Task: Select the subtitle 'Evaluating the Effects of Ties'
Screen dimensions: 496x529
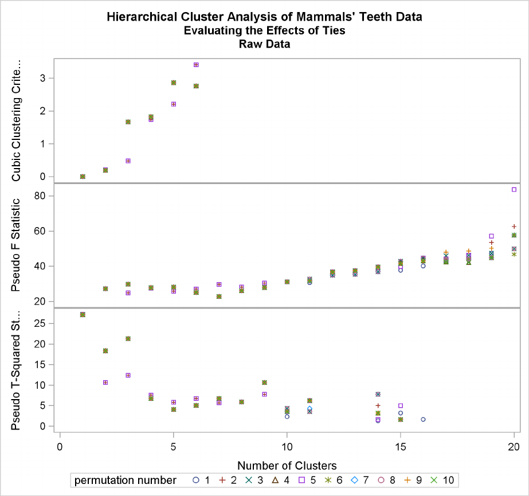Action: (264, 31)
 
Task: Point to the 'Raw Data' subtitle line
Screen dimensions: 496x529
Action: (264, 44)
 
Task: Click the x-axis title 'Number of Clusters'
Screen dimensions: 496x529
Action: (287, 465)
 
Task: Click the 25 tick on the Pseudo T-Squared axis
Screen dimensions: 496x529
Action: (42, 324)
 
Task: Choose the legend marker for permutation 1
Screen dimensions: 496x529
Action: (196, 479)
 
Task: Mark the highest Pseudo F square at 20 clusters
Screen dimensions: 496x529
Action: (514, 189)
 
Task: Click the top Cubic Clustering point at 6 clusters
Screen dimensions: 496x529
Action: (196, 65)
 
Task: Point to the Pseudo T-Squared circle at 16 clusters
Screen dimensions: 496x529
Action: (423, 419)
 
